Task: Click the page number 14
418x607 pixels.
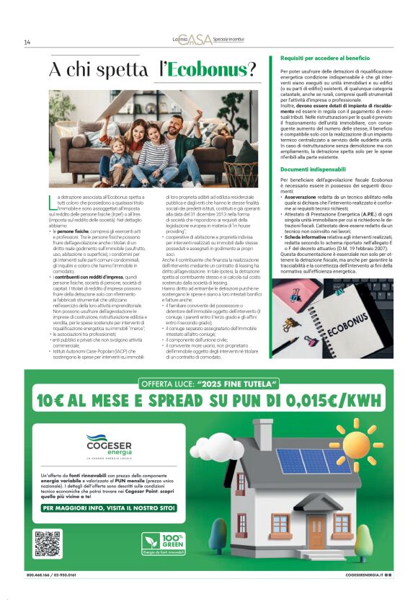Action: [27, 43]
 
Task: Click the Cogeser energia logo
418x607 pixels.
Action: [105, 443]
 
